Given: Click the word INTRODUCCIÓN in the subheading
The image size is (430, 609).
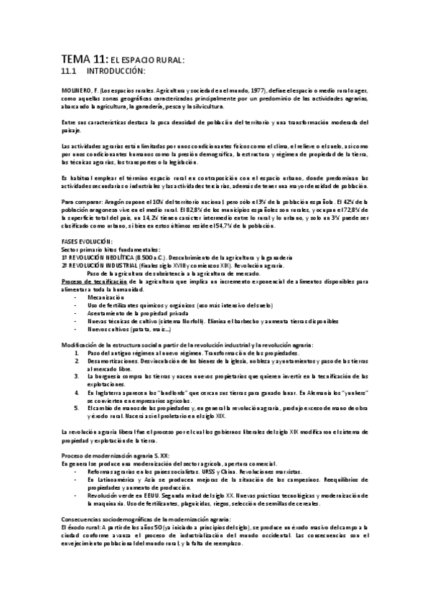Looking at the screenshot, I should (116, 72).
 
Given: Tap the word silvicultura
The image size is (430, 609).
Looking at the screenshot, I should (207, 106).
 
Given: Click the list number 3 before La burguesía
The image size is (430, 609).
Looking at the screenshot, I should (78, 374).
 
